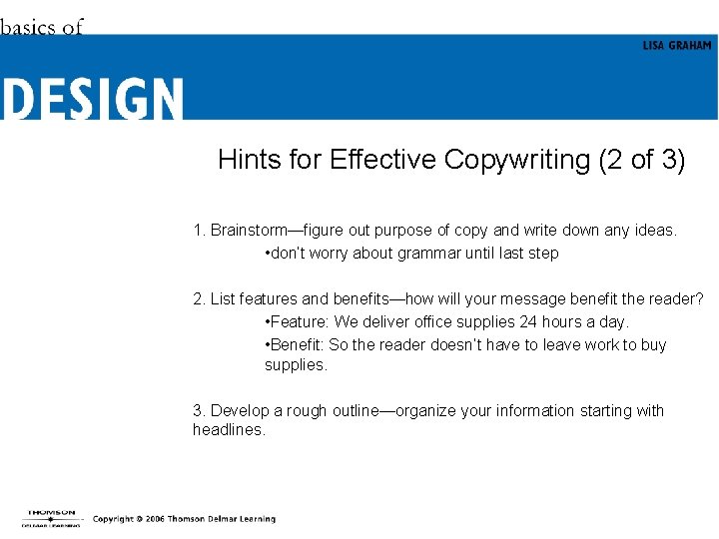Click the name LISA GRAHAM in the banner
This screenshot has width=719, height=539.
pyautogui.click(x=677, y=46)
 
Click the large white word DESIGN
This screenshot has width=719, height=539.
pyautogui.click(x=93, y=99)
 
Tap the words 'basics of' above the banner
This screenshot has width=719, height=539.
pyautogui.click(x=41, y=27)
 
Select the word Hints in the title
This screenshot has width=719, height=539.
pyautogui.click(x=251, y=160)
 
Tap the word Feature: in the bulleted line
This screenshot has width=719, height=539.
pyautogui.click(x=299, y=322)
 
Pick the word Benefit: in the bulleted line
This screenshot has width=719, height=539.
pyautogui.click(x=297, y=345)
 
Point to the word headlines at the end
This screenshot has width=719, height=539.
pyautogui.click(x=228, y=430)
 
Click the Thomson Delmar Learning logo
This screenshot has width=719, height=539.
pyautogui.click(x=52, y=517)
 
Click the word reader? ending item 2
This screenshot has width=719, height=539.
pyautogui.click(x=679, y=299)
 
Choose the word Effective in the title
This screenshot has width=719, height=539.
pyautogui.click(x=383, y=160)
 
